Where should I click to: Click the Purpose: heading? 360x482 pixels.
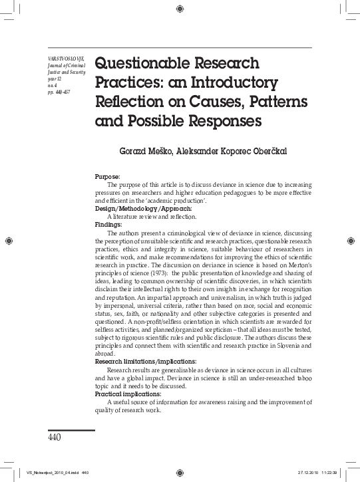108,176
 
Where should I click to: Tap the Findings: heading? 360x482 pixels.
108,225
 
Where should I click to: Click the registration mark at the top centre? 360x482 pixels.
180,9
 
